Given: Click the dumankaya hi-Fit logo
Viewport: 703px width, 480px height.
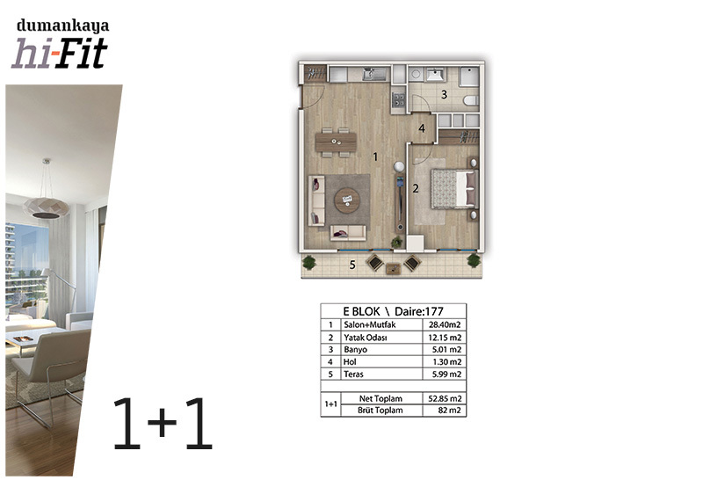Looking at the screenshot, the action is pyautogui.click(x=60, y=44).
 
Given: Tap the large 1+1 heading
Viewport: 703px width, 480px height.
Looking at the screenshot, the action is pyautogui.click(x=163, y=424).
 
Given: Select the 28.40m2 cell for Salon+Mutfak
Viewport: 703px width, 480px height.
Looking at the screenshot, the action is pyautogui.click(x=445, y=324).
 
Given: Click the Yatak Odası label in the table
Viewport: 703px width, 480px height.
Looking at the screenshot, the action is pyautogui.click(x=365, y=338).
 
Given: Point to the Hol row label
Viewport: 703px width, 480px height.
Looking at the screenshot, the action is pyautogui.click(x=350, y=361).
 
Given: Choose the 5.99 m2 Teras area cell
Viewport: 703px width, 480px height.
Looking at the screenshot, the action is pyautogui.click(x=446, y=375).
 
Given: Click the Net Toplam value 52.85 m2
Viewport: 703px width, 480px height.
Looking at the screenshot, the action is pyautogui.click(x=445, y=398).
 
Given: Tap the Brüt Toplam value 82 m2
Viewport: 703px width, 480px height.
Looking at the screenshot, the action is pyautogui.click(x=449, y=410).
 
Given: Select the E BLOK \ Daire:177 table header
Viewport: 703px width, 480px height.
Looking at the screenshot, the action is pyautogui.click(x=393, y=311).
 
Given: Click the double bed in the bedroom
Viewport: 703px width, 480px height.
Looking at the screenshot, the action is pyautogui.click(x=454, y=188).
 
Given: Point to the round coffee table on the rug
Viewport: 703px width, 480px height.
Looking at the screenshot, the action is pyautogui.click(x=347, y=200).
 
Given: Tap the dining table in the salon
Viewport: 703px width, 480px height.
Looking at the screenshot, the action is pyautogui.click(x=336, y=142).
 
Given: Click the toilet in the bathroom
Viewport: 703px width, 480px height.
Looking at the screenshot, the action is pyautogui.click(x=471, y=100).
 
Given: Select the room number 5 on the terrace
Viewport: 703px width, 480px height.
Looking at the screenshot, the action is pyautogui.click(x=352, y=265).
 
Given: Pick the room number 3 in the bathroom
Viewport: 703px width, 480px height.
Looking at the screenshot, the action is pyautogui.click(x=444, y=95).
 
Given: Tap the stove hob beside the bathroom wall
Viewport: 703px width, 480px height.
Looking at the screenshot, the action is pyautogui.click(x=398, y=100).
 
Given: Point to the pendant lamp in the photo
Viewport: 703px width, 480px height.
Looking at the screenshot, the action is pyautogui.click(x=46, y=207).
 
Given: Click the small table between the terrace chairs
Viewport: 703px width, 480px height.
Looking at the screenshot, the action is pyautogui.click(x=393, y=269).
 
